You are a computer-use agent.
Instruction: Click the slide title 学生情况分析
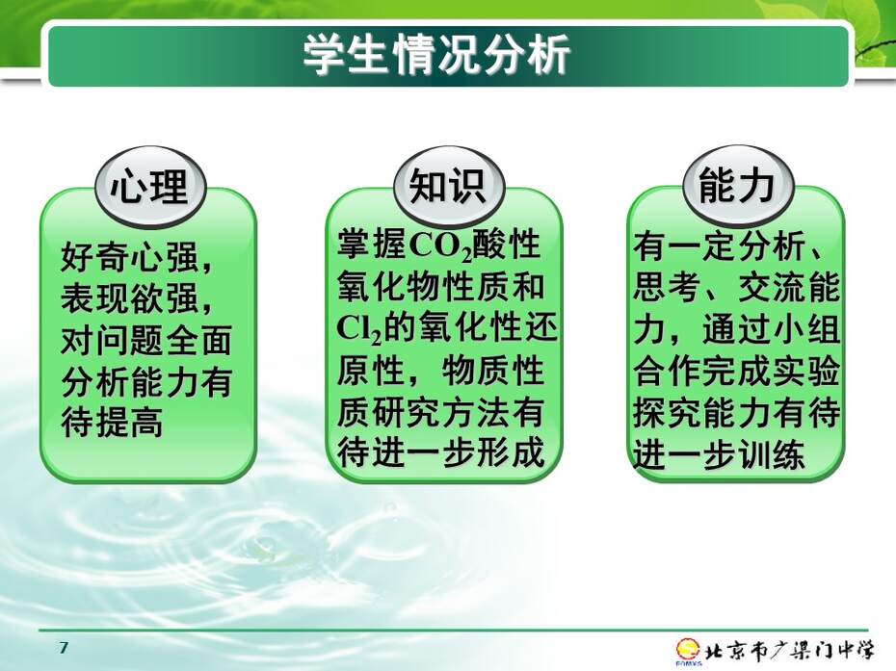click(436, 55)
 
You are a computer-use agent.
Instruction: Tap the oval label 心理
click(149, 186)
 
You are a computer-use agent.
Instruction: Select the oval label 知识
click(449, 186)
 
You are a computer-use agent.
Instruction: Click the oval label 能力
click(738, 186)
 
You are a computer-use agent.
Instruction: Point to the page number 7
click(64, 648)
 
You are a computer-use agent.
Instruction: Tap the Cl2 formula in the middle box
click(358, 330)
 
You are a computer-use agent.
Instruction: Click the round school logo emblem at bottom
click(688, 651)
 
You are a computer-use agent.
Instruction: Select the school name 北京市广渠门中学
click(789, 651)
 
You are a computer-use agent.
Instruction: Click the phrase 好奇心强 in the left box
click(131, 257)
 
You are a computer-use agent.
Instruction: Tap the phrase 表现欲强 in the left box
click(131, 298)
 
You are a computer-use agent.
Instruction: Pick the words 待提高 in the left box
click(112, 422)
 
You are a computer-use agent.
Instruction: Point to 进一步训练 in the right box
click(720, 454)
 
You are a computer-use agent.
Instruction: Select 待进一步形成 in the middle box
click(440, 452)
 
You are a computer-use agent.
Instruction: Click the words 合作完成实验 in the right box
click(737, 372)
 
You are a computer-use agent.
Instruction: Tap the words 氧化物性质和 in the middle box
click(440, 287)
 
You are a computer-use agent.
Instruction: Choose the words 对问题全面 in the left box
click(146, 339)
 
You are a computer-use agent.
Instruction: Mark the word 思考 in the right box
click(667, 288)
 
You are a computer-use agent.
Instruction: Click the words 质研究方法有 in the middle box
click(440, 412)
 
